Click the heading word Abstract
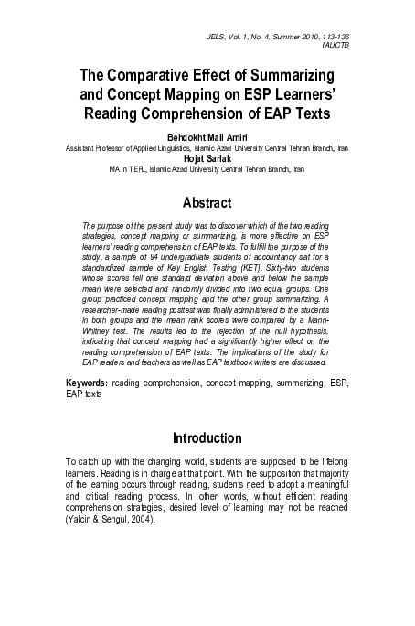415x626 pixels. pyautogui.click(x=207, y=201)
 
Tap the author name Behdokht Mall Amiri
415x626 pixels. pyautogui.click(x=207, y=137)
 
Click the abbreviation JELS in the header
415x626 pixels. pyautogui.click(x=220, y=33)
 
